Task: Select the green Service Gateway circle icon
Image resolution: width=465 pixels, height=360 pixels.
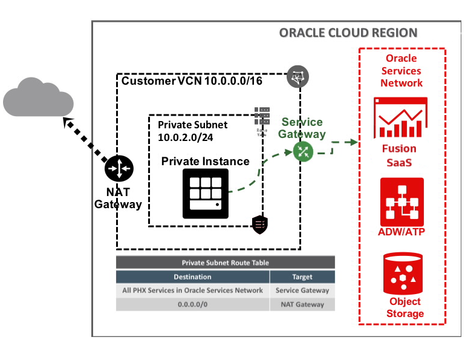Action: [303, 151]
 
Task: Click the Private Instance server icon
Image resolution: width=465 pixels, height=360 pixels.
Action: [206, 194]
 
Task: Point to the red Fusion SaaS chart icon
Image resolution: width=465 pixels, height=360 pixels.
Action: [400, 117]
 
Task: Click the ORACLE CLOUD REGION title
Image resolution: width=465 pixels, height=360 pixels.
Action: [348, 33]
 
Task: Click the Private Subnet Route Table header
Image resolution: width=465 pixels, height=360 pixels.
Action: [226, 263]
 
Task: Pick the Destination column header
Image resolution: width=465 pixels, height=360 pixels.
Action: [192, 277]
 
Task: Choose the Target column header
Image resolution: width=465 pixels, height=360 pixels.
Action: [302, 277]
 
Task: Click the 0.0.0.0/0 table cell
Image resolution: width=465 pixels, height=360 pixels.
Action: [192, 304]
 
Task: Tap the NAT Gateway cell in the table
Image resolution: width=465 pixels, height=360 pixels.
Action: [302, 304]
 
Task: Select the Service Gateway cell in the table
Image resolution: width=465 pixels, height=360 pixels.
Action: [302, 290]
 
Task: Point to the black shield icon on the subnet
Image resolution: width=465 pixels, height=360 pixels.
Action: [260, 224]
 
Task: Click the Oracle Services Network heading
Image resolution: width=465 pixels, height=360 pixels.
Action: [402, 71]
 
